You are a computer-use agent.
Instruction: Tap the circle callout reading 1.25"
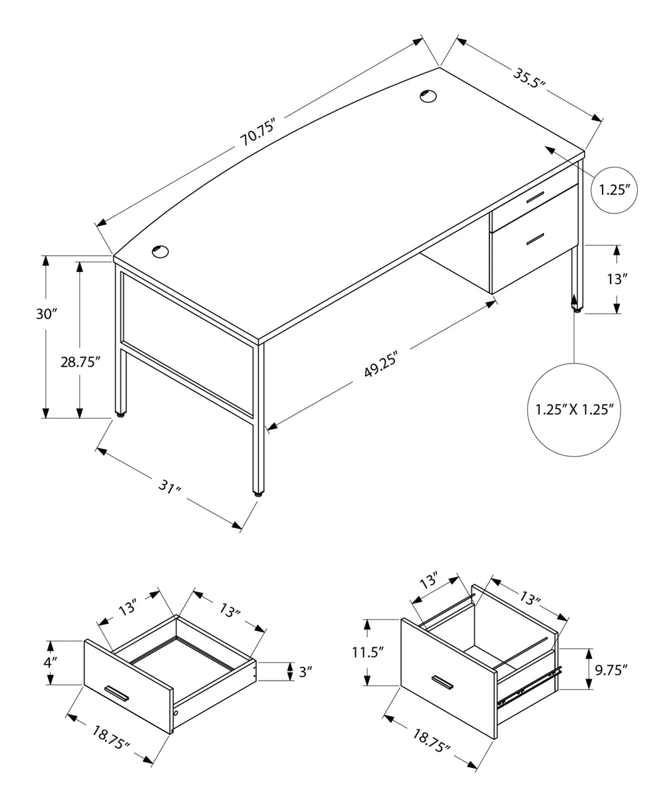click(x=614, y=190)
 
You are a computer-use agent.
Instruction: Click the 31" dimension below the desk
click(x=170, y=489)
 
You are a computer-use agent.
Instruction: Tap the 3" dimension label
click(x=306, y=671)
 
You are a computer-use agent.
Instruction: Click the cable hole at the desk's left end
click(x=160, y=251)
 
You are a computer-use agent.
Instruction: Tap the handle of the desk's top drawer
click(x=534, y=197)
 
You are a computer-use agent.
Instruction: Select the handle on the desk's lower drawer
click(x=535, y=238)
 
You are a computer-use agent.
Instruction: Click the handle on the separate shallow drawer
click(x=116, y=692)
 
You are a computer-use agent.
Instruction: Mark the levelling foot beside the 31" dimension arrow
click(x=257, y=494)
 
